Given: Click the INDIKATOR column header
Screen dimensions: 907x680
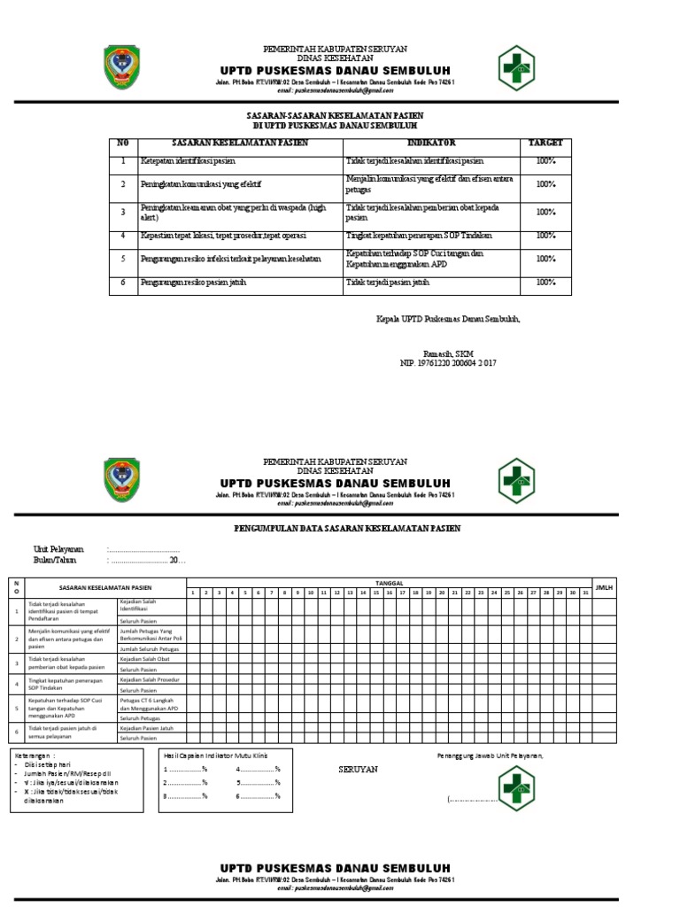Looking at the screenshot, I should pyautogui.click(x=431, y=143).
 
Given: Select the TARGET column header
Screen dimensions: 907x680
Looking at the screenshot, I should pyautogui.click(x=545, y=143).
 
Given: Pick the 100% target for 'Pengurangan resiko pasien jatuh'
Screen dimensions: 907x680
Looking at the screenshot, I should pyautogui.click(x=545, y=283).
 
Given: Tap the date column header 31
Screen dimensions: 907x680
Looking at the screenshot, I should pyautogui.click(x=585, y=593).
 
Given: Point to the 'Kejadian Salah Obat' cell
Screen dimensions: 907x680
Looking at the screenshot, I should pyautogui.click(x=144, y=659).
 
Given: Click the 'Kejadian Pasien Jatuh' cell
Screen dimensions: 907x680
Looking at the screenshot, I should pyautogui.click(x=147, y=727).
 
